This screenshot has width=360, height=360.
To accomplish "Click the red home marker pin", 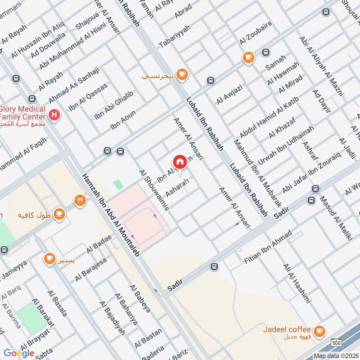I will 179,162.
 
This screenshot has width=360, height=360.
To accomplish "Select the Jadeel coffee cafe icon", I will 319,331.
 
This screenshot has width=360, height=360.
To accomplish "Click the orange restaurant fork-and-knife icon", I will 80,200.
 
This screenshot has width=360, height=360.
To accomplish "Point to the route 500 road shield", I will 335,342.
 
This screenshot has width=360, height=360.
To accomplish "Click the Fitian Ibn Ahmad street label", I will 267,247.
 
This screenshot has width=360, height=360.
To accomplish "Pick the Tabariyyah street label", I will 175,36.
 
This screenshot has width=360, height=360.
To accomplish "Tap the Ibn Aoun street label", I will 123,120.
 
